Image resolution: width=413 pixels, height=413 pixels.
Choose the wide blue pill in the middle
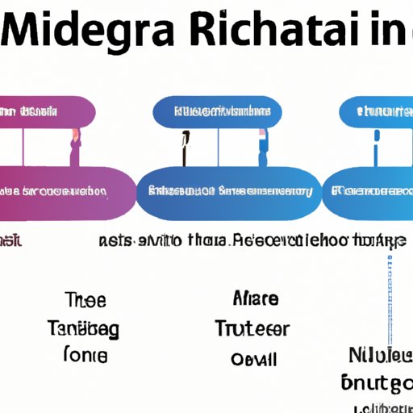pyautogui.click(x=226, y=192)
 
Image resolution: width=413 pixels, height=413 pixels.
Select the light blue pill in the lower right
pyautogui.click(x=369, y=192)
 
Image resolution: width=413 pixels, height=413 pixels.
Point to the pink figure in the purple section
pyautogui.click(x=74, y=147)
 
